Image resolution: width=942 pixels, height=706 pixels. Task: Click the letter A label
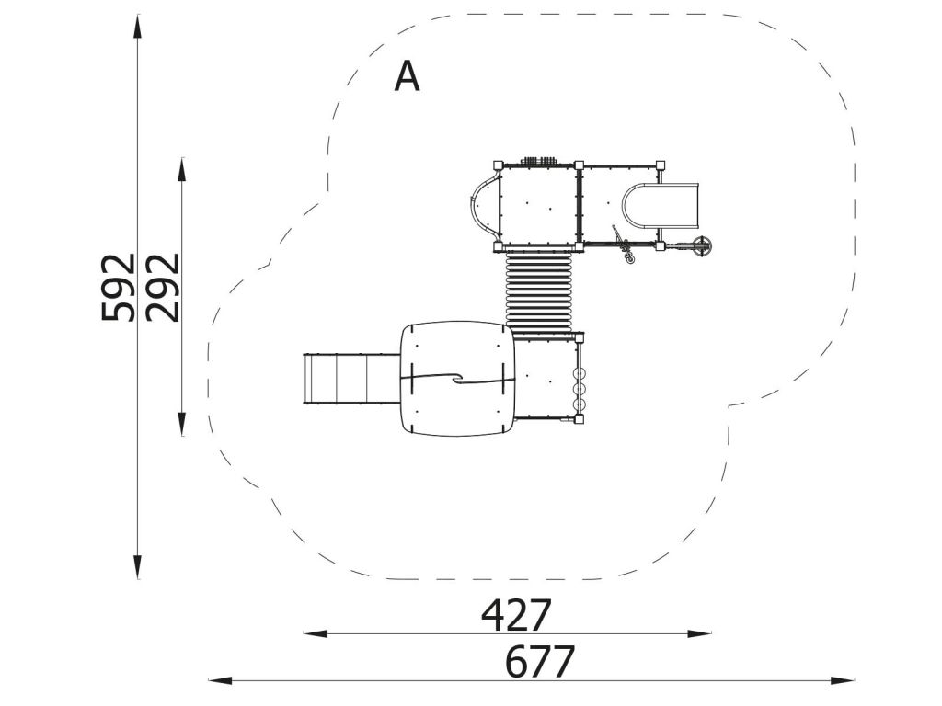point(407,76)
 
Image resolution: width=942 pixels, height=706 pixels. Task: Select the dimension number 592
point(119,288)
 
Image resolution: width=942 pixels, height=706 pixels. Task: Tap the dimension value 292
point(163,288)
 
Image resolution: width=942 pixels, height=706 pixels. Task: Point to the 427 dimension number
point(516,615)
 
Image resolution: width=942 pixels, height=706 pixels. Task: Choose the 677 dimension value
point(540,662)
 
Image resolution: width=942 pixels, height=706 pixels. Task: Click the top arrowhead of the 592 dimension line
point(138,27)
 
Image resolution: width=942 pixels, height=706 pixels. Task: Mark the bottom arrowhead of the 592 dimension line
point(138,566)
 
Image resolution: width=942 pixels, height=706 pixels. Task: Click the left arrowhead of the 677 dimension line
point(221,681)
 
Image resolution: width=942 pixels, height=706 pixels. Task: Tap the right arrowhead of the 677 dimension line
point(842,681)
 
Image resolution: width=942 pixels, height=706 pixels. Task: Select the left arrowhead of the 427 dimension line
point(316,632)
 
